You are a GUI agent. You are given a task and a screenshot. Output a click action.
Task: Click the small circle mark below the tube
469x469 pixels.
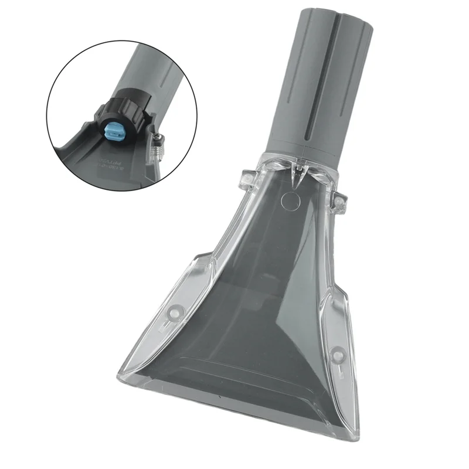point(289,202)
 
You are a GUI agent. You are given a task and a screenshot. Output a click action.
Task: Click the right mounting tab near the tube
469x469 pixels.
point(338,202)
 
